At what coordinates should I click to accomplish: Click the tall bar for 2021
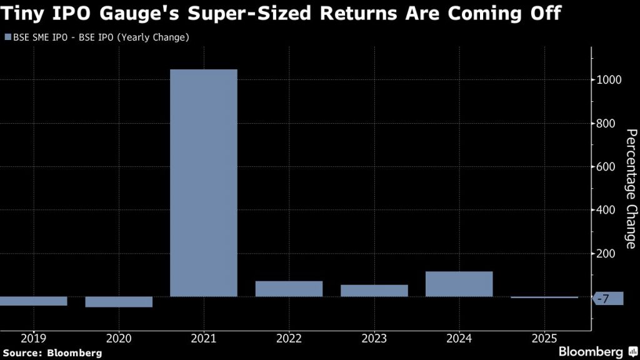click(x=204, y=182)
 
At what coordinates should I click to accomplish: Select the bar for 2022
click(x=289, y=289)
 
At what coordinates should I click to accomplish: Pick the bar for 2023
click(x=374, y=291)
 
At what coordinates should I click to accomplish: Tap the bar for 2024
click(x=459, y=284)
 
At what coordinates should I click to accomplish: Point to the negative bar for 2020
click(x=119, y=302)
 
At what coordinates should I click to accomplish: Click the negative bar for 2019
click(x=34, y=301)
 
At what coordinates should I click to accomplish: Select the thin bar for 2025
click(x=544, y=297)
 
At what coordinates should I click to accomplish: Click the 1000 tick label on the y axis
click(x=609, y=80)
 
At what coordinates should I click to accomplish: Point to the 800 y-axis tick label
click(x=606, y=123)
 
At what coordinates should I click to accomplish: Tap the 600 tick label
click(x=606, y=167)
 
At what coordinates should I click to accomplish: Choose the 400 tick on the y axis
click(x=606, y=210)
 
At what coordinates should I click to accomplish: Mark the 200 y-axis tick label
click(x=606, y=254)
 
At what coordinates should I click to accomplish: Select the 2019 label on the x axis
click(x=33, y=338)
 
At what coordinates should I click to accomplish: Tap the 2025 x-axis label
click(x=544, y=338)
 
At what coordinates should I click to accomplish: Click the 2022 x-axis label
click(x=289, y=338)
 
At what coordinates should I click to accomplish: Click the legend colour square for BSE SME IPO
click(x=8, y=37)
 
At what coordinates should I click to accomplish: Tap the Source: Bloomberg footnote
click(x=52, y=352)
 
